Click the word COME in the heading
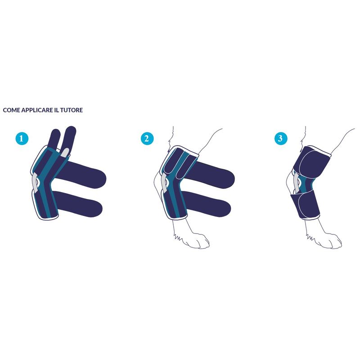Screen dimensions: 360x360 12,110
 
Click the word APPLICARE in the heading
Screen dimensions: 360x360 37,110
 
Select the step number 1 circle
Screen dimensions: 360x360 22,139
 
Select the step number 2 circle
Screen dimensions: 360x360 147,139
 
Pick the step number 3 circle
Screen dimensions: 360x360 281,139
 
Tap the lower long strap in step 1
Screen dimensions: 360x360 78,204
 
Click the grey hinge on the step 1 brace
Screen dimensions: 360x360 36,183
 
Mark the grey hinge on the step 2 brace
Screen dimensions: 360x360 165,183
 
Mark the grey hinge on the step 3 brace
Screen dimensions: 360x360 297,183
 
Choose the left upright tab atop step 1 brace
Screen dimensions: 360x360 54,139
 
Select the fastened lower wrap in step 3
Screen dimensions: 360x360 305,204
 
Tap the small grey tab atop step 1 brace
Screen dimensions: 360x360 64,153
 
